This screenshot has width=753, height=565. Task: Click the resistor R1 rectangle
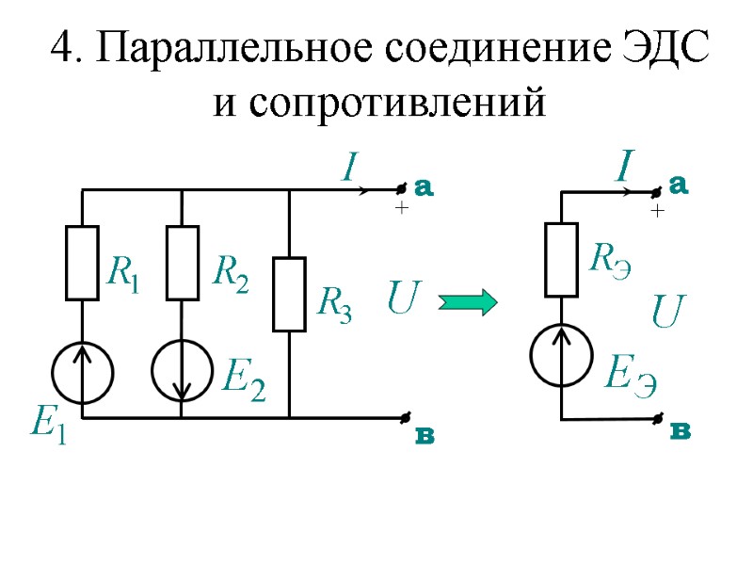click(x=82, y=263)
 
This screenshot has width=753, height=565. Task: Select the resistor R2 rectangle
click(x=182, y=263)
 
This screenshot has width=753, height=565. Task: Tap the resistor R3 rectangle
click(x=289, y=294)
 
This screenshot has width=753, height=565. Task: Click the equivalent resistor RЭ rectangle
click(x=562, y=259)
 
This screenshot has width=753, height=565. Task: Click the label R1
click(x=123, y=274)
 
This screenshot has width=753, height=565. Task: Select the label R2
click(x=231, y=274)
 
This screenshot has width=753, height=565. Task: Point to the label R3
click(x=334, y=304)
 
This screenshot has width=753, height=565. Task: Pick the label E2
click(x=242, y=380)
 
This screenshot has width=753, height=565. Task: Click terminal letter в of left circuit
click(x=425, y=438)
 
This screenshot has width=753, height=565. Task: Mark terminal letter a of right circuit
click(x=680, y=185)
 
